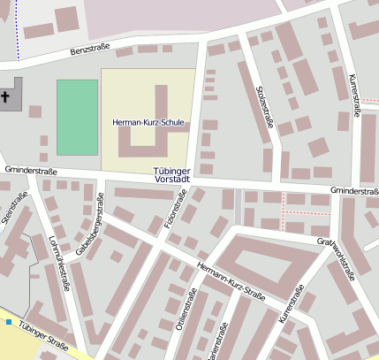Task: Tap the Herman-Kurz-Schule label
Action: pyautogui.click(x=150, y=121)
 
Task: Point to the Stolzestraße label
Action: pyautogui.click(x=264, y=108)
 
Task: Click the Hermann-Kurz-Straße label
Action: pyautogui.click(x=231, y=281)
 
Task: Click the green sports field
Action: pyautogui.click(x=77, y=117)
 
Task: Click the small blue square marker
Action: pyautogui.click(x=9, y=322)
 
